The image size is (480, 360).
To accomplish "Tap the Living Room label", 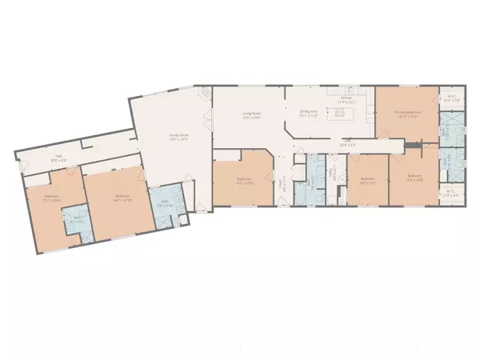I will point(253,115).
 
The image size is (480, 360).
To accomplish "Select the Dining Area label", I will point(309,114).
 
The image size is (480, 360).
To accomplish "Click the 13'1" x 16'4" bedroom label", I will point(52,199).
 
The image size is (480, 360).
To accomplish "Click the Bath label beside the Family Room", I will point(166,203).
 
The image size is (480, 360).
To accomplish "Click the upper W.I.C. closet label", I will point(451,99).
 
